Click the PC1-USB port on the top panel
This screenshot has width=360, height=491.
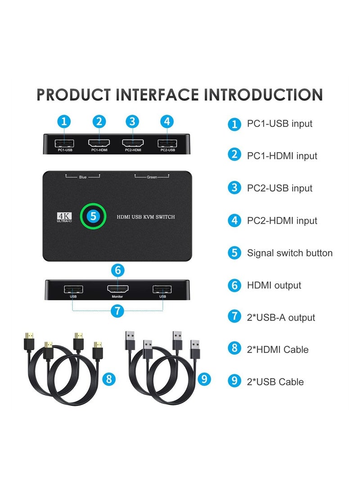[65, 144]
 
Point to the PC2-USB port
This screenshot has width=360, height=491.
[167, 144]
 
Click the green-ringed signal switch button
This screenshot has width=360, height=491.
[93, 216]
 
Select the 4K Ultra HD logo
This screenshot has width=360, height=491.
[65, 217]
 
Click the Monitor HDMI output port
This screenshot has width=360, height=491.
[117, 289]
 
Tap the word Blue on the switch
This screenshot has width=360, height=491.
[82, 177]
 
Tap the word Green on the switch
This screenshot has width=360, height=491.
[152, 177]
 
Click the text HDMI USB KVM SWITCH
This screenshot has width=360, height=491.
[146, 217]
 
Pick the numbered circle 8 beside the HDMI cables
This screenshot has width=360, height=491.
[108, 379]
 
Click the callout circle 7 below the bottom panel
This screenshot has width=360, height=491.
[117, 311]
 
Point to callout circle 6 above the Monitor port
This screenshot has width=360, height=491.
[117, 270]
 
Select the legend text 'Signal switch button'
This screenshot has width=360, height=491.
[289, 253]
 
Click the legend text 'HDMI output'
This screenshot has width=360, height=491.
[274, 285]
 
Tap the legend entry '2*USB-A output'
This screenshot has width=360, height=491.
[281, 317]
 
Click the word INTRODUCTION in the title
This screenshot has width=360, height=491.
[263, 95]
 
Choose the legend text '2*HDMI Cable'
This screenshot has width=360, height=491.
[278, 349]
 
